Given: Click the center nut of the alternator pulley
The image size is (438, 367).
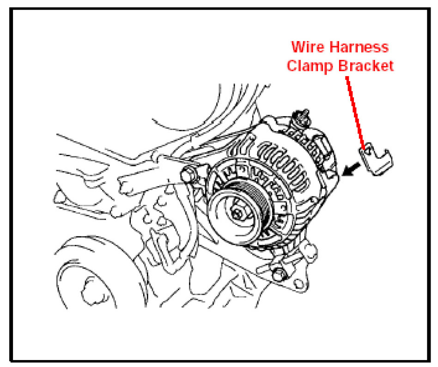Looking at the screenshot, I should click(237, 213).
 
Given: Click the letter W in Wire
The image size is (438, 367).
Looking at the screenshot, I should click(296, 47).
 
